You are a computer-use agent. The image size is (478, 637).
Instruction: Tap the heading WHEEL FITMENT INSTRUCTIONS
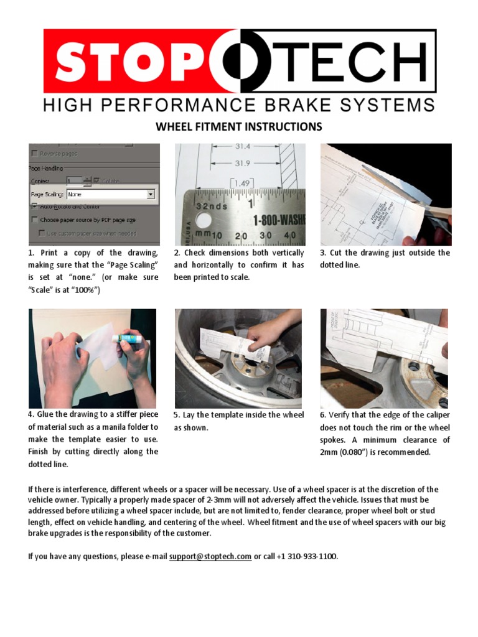(238, 127)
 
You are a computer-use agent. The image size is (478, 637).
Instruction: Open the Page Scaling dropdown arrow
(151, 194)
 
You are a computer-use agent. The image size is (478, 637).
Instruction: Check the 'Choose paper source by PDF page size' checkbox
(34, 220)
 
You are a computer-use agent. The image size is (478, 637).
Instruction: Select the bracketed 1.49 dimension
(241, 182)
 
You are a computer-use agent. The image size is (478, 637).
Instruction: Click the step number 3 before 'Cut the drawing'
(322, 253)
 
